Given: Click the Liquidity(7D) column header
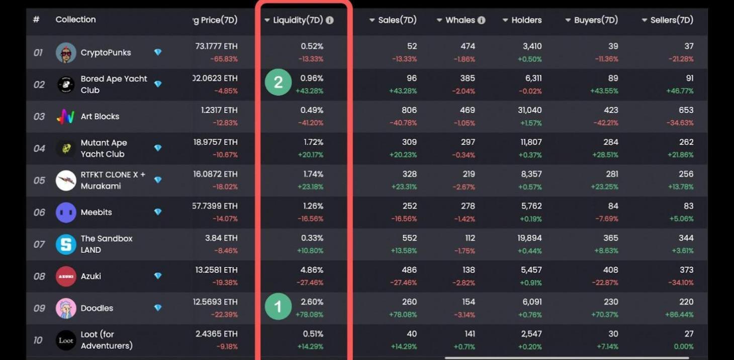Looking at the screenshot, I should [x=298, y=20].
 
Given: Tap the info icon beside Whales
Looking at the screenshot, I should [x=481, y=20].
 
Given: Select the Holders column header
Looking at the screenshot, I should [x=526, y=20].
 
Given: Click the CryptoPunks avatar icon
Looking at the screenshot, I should [x=66, y=53].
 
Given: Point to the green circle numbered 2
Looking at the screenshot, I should [x=278, y=82].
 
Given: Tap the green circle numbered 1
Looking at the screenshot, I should [x=278, y=306].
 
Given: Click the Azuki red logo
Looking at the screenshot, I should [x=66, y=276].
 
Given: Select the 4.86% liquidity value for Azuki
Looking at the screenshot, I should [x=312, y=270].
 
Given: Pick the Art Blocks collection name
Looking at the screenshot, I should [x=100, y=116].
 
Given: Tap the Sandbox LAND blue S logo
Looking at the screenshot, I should [x=66, y=244].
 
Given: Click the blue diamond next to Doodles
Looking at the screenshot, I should [x=158, y=308].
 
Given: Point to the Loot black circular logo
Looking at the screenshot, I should [x=66, y=340].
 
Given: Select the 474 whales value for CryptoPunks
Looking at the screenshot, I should [x=468, y=46].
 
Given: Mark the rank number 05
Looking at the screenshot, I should [x=39, y=181].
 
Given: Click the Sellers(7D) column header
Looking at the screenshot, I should [x=671, y=20].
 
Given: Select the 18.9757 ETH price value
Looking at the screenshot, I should [x=215, y=142].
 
